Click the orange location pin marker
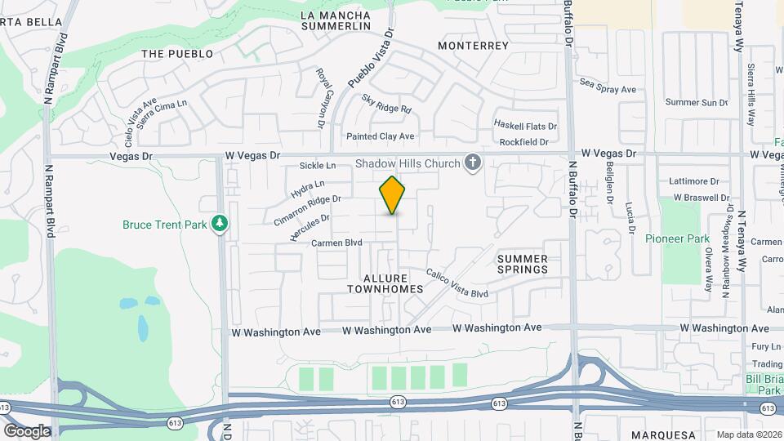(393, 194)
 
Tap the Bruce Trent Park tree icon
(219, 224)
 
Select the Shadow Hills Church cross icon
(472, 164)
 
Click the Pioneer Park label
(677, 239)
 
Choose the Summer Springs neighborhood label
(522, 264)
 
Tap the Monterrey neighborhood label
(473, 46)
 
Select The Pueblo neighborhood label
(177, 54)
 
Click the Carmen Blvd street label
(336, 243)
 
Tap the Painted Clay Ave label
(381, 136)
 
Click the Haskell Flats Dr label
(525, 125)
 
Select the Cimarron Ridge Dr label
(308, 207)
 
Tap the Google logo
(26, 430)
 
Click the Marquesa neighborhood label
(663, 434)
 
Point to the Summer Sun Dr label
(696, 102)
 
